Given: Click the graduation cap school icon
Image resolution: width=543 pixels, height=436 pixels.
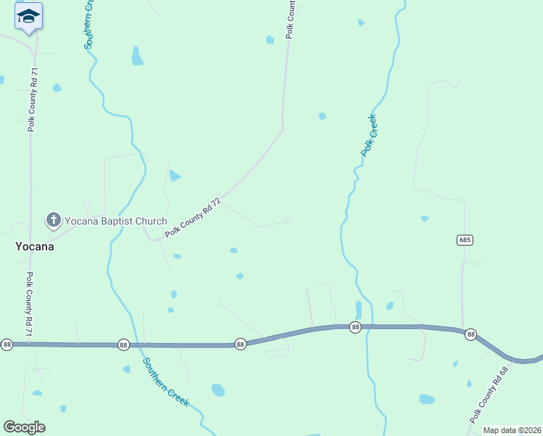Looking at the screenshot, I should pyautogui.click(x=28, y=16).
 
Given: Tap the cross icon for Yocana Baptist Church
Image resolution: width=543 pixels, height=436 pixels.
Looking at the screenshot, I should pyautogui.click(x=53, y=219).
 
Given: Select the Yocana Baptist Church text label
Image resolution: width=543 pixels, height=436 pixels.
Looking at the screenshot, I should pyautogui.click(x=115, y=222).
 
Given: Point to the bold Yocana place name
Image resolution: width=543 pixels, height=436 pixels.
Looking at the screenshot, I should pyautogui.click(x=35, y=246).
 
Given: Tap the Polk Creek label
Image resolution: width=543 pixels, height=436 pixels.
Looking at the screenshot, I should pyautogui.click(x=370, y=135).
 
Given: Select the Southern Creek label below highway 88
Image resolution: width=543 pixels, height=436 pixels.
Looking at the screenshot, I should pyautogui.click(x=166, y=381).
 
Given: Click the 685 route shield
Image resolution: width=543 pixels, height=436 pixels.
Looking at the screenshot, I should pyautogui.click(x=465, y=240).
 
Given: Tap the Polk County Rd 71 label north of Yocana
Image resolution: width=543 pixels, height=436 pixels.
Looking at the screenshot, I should pyautogui.click(x=33, y=100).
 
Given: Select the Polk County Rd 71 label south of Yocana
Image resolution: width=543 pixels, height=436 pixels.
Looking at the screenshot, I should pyautogui.click(x=30, y=304).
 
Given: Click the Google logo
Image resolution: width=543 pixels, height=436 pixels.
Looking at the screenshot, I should pyautogui.click(x=24, y=427).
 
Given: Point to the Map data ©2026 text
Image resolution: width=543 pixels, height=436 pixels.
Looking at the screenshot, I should pyautogui.click(x=512, y=430).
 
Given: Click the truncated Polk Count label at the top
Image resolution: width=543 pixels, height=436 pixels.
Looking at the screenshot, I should pyautogui.click(x=292, y=19).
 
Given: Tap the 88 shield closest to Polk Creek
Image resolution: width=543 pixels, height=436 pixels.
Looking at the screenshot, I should pyautogui.click(x=355, y=328).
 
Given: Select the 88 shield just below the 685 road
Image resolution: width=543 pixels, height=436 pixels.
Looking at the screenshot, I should pyautogui.click(x=471, y=334).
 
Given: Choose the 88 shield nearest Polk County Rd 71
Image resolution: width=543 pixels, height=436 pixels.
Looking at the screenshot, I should pyautogui.click(x=7, y=344).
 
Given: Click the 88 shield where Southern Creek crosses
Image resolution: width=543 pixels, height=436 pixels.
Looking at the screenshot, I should pyautogui.click(x=123, y=344).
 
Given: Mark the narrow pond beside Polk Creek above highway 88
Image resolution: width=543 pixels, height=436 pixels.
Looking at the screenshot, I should pyautogui.click(x=359, y=309).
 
